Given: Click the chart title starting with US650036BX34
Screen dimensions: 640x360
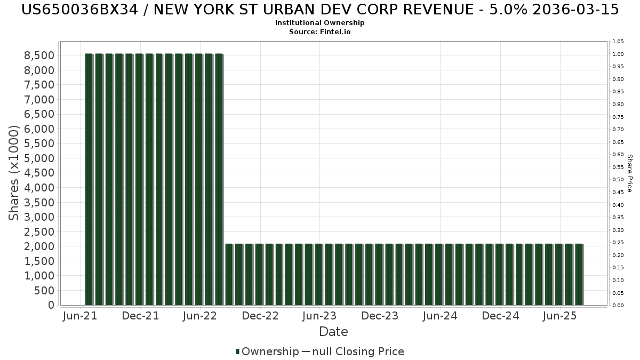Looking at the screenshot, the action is tap(320, 10).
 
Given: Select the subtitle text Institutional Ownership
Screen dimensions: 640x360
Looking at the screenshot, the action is tap(319, 23).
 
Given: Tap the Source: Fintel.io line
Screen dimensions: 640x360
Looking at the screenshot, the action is tap(319, 31).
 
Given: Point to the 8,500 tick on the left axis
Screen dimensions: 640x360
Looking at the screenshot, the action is tap(39, 55).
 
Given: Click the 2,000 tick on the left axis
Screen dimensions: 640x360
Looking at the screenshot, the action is tap(39, 246).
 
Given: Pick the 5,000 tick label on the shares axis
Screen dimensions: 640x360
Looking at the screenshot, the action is tap(39, 158).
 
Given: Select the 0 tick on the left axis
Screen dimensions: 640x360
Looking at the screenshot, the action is tap(51, 305).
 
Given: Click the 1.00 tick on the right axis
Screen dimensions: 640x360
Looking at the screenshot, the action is tap(618, 54).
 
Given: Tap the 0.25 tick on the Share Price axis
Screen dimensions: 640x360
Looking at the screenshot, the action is tap(618, 243).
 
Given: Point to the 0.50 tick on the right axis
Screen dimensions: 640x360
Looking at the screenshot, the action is tap(618, 180).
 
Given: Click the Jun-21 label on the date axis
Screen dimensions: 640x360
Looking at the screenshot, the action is tap(80, 316).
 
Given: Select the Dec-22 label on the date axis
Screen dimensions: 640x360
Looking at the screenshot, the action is tap(260, 316).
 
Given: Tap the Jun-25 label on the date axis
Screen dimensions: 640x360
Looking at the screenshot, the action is tap(559, 316).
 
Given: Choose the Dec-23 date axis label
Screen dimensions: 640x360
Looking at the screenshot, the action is tap(380, 316).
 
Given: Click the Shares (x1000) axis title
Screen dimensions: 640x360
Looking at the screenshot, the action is tap(13, 173).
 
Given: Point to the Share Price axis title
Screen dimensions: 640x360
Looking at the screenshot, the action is tap(629, 173).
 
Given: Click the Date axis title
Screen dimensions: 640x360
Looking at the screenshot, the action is tap(333, 332).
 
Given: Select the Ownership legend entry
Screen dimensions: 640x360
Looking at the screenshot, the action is tap(267, 351).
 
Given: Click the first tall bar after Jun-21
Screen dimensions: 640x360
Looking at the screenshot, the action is tap(89, 179).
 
